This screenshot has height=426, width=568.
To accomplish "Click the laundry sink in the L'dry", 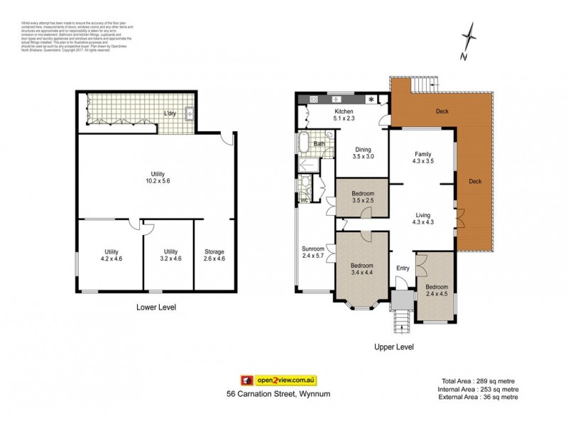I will pyautogui.click(x=189, y=113).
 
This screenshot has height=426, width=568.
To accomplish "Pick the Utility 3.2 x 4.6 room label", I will pyautogui.click(x=170, y=255).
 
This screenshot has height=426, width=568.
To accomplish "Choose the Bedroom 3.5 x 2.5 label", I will pyautogui.click(x=362, y=197).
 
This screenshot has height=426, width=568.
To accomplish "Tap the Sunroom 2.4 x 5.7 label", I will pyautogui.click(x=313, y=253).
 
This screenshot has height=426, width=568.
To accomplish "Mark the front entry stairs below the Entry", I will pyautogui.click(x=402, y=319).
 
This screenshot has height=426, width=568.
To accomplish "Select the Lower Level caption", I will pyautogui.click(x=155, y=307).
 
